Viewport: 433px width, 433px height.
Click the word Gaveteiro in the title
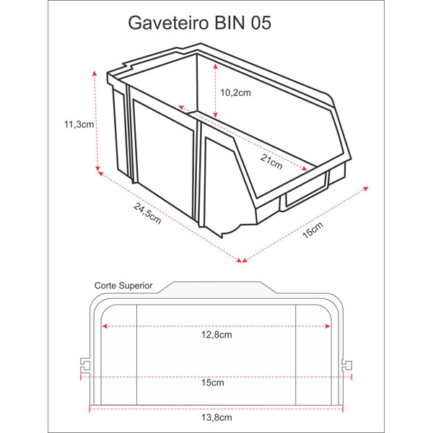[x=168, y=23]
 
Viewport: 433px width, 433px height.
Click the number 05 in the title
[x=261, y=22]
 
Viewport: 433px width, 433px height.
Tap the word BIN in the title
[x=229, y=22]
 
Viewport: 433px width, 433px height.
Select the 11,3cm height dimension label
[x=79, y=125]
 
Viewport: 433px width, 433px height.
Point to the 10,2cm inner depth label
[x=235, y=93]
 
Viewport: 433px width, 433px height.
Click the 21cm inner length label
[x=271, y=162]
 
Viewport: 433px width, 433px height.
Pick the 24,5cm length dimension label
[x=147, y=213]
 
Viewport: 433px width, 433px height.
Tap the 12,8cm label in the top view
[x=216, y=335]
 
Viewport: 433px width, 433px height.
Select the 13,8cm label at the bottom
[x=216, y=418]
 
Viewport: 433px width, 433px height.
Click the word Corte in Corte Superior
[x=105, y=286]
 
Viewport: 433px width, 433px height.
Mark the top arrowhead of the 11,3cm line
[x=95, y=73]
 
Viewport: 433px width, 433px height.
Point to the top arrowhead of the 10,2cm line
[x=215, y=66]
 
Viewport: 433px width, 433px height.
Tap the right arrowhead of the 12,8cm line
[x=328, y=326]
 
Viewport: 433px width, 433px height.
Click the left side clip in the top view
[x=85, y=365]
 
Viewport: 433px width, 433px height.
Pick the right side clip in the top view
[x=346, y=366]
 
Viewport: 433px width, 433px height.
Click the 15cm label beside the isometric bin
[x=313, y=230]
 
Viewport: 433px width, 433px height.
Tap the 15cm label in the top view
[x=213, y=382]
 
